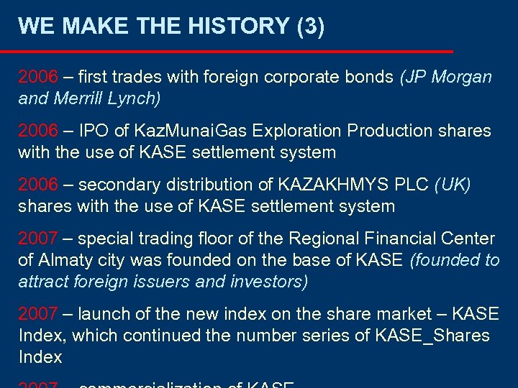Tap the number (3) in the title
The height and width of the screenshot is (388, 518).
point(310,27)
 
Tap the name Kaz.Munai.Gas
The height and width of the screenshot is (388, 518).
point(181,131)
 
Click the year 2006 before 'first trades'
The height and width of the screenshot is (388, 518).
point(37,77)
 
